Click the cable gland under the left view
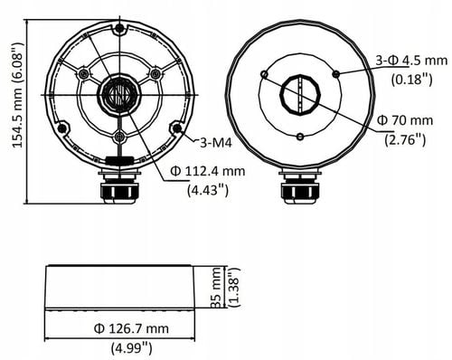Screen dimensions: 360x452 pyautogui.click(x=119, y=188)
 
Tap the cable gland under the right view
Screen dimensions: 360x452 pyautogui.click(x=299, y=188)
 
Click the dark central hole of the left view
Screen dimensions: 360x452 pyautogui.click(x=119, y=94)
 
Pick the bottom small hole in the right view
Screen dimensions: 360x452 pyautogui.click(x=298, y=137)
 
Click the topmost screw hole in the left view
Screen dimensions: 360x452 pyautogui.click(x=119, y=31)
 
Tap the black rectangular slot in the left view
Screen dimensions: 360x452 pyautogui.click(x=118, y=161)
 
